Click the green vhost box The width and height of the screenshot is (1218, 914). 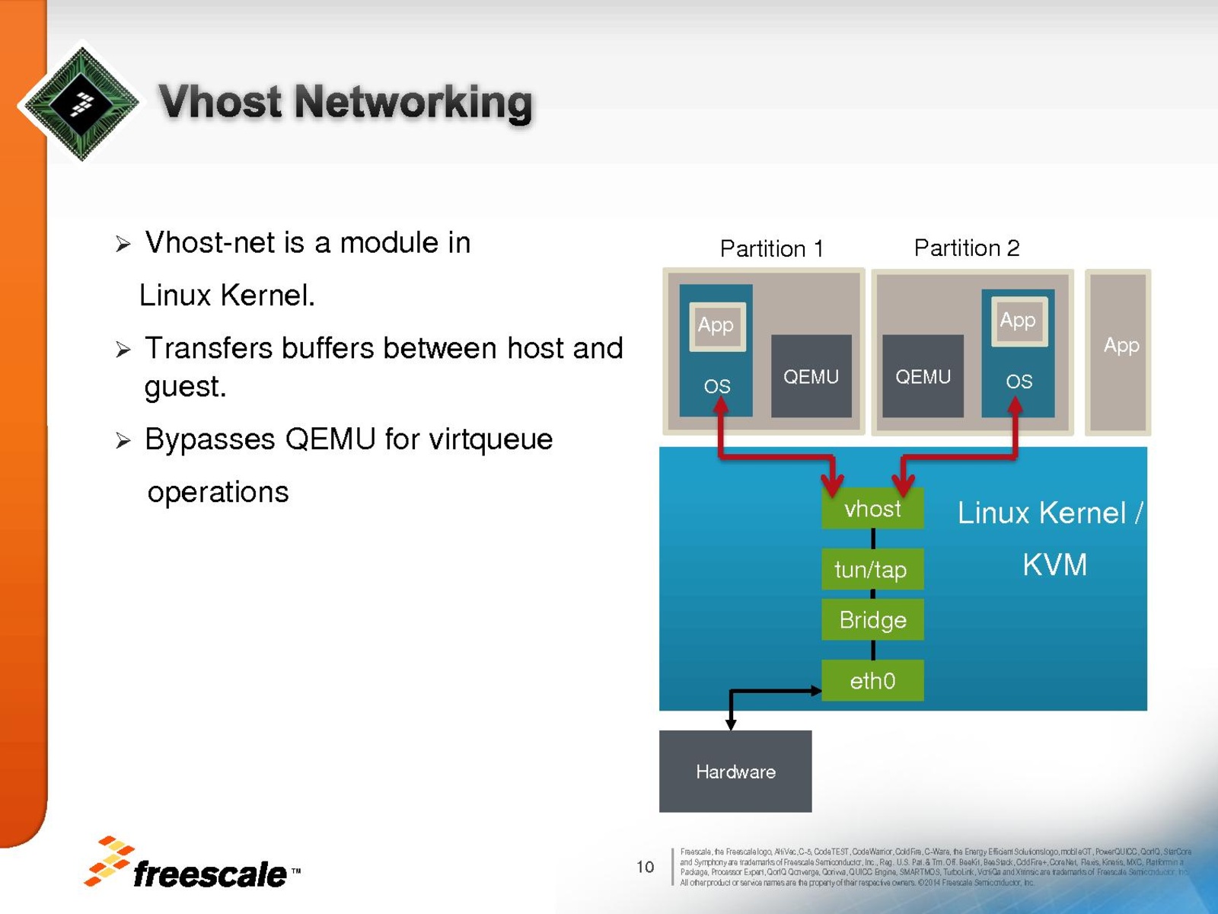pyautogui.click(x=872, y=508)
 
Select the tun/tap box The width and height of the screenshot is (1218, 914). pyautogui.click(x=872, y=569)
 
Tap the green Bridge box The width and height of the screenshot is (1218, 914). pyautogui.click(x=872, y=619)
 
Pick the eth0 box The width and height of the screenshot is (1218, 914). pyautogui.click(x=872, y=680)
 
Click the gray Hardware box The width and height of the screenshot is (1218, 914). pyautogui.click(x=735, y=771)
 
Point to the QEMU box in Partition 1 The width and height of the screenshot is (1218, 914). pyautogui.click(x=811, y=376)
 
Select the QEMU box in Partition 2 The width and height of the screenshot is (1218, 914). pyautogui.click(x=923, y=376)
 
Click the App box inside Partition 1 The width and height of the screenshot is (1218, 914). pyautogui.click(x=716, y=325)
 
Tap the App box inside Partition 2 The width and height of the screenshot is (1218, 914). pyautogui.click(x=1018, y=321)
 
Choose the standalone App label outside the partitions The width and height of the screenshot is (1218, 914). pyautogui.click(x=1121, y=346)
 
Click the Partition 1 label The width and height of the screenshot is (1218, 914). pyautogui.click(x=772, y=248)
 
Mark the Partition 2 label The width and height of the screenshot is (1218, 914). pyautogui.click(x=967, y=248)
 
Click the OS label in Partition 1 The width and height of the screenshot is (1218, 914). pyautogui.click(x=717, y=386)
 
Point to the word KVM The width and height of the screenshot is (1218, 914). pyautogui.click(x=1054, y=564)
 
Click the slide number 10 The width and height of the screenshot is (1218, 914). pyautogui.click(x=645, y=867)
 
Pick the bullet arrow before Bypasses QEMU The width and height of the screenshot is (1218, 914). pyautogui.click(x=123, y=440)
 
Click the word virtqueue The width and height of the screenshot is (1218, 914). pyautogui.click(x=491, y=439)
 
